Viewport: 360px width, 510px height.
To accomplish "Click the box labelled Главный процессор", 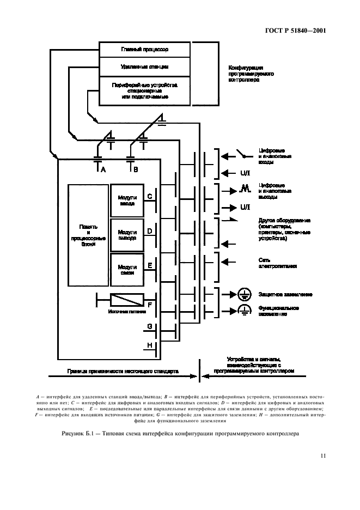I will tap(144, 50).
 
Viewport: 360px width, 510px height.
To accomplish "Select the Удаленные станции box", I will tap(144, 67).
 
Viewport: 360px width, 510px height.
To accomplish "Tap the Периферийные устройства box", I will tap(144, 90).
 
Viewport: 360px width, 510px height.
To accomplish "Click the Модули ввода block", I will tap(127, 199).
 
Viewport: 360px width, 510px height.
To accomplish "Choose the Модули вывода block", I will tap(127, 234).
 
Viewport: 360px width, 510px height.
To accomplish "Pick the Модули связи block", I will tap(127, 269).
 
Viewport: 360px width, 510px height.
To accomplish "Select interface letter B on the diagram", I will tap(136, 169).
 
